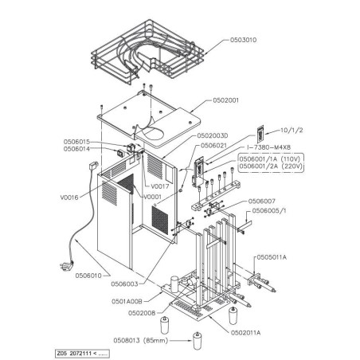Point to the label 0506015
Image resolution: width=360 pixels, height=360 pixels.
coord(80,142)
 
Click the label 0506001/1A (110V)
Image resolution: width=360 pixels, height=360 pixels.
coord(276,158)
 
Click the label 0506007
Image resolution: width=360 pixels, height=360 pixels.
coord(262,202)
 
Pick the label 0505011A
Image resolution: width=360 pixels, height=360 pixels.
coord(273,258)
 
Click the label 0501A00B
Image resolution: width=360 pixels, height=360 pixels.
coord(127,302)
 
